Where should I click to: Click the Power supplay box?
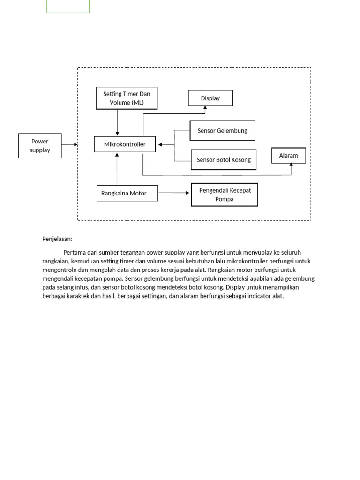40,145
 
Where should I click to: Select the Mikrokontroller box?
125,144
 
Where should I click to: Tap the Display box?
210,98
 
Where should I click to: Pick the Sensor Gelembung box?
222,131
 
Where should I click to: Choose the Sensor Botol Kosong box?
224,160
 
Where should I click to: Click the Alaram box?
289,156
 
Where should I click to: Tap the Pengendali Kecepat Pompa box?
224,195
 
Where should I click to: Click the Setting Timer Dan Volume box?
127,98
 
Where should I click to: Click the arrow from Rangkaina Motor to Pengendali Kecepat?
174,193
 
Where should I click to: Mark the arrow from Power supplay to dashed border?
69,145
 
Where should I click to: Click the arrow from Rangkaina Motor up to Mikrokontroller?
117,169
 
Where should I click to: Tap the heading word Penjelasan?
57,239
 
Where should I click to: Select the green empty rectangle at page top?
68,6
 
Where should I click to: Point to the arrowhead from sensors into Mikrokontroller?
161,145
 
